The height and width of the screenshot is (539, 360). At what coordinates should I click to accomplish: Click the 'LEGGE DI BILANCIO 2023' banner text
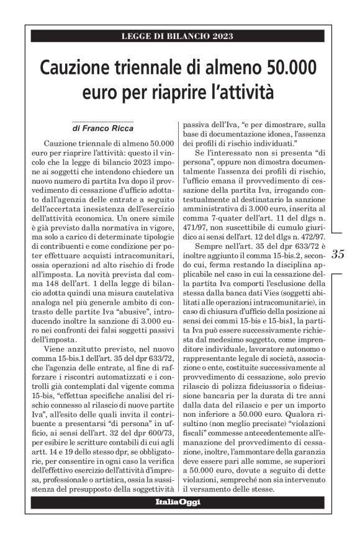pos(178,36)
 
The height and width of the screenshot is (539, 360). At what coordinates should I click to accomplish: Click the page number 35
pos(339,254)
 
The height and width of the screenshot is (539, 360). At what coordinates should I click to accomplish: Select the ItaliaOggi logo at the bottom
pos(178,502)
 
